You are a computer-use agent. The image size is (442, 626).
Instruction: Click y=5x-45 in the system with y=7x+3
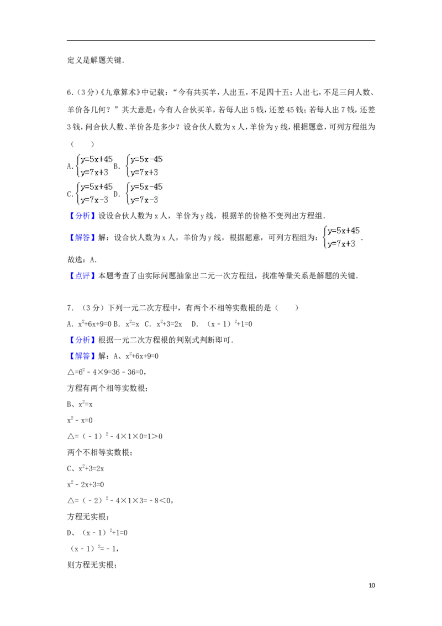[x=146, y=159]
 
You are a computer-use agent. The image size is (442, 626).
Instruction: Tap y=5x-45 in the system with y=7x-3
[x=146, y=187]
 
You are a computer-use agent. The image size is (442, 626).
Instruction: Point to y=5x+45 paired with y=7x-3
[x=97, y=187]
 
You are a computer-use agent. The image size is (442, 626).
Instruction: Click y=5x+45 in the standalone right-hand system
[x=344, y=231]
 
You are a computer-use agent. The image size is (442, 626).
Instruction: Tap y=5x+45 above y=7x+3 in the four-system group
[x=97, y=159]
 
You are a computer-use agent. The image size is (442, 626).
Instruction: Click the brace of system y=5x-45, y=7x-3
[x=128, y=194]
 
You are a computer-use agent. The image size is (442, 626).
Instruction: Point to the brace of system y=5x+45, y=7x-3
[x=78, y=194]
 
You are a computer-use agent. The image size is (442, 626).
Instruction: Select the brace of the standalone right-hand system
[x=324, y=237]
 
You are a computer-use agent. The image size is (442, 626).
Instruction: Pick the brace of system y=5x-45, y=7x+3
[x=128, y=166]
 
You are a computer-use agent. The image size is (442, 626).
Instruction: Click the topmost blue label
[x=82, y=216]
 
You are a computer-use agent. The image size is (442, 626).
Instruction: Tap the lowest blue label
[x=82, y=357]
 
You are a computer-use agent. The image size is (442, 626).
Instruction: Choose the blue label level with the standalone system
[x=82, y=238]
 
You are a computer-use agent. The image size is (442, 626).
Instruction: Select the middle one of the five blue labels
[x=82, y=276]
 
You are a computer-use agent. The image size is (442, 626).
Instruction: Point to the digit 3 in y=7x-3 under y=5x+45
[x=106, y=200]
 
